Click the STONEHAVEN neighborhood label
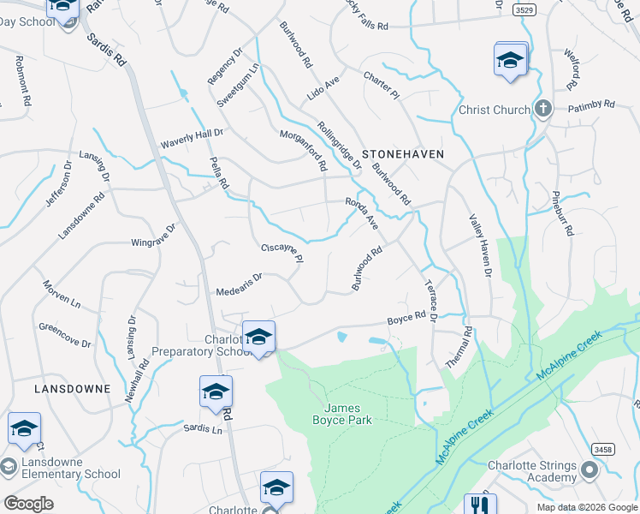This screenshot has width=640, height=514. pyautogui.click(x=403, y=153)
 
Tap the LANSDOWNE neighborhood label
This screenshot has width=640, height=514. pyautogui.click(x=72, y=388)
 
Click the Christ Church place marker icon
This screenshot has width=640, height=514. pyautogui.click(x=541, y=109)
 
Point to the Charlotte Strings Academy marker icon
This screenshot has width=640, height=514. pyautogui.click(x=589, y=470)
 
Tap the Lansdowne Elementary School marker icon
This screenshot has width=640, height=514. pyautogui.click(x=9, y=467)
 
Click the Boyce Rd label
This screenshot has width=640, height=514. pyautogui.click(x=406, y=318)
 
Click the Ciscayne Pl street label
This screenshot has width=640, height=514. pyautogui.click(x=281, y=254)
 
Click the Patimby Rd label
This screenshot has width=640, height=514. pyautogui.click(x=590, y=105)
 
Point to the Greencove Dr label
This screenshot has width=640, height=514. pyautogui.click(x=64, y=335)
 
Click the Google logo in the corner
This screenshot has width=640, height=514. pyautogui.click(x=29, y=504)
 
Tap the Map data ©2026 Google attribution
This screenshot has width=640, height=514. pyautogui.click(x=586, y=507)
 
